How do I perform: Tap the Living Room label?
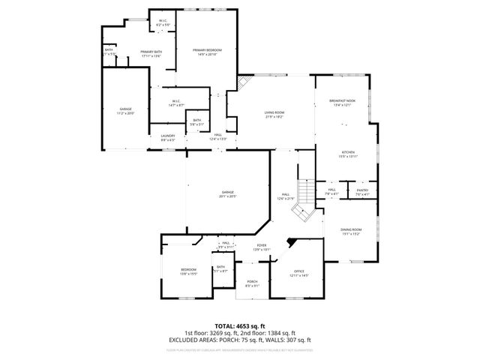click(274, 112)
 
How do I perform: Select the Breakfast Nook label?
click(342, 100)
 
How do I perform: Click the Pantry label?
click(361, 190)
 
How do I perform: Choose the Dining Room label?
click(352, 229)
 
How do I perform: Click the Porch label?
click(252, 282)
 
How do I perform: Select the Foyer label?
click(262, 245)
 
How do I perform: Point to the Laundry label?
click(167, 136)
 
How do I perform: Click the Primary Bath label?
click(151, 52)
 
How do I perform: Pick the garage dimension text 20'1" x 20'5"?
click(227, 196)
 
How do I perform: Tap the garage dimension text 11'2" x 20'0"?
click(124, 113)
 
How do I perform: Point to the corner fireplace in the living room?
click(244, 81)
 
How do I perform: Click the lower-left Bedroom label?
click(187, 270)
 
